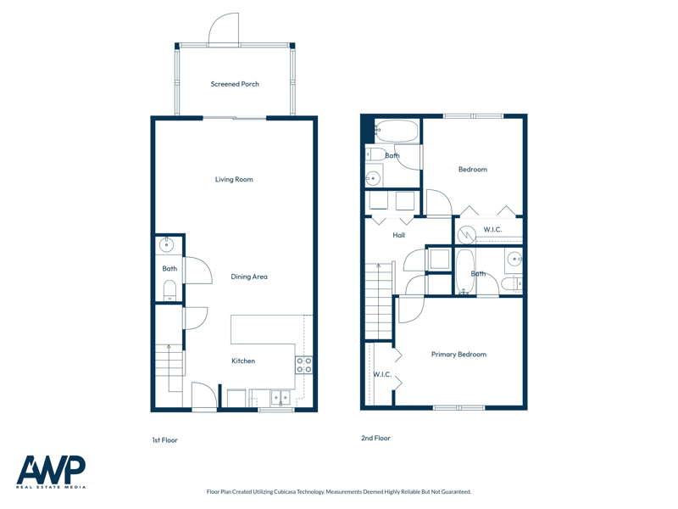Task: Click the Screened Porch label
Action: [235, 84]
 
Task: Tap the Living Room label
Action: [234, 179]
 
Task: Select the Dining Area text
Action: [249, 277]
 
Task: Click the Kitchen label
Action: [243, 361]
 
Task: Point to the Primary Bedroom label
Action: [458, 354]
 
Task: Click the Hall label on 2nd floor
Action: [398, 235]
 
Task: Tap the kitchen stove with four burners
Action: [304, 365]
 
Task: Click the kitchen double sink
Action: [281, 398]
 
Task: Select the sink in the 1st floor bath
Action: [166, 245]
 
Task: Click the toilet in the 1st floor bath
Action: [169, 290]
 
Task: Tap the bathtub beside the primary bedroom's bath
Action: [465, 271]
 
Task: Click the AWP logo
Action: [51, 472]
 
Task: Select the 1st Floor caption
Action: [164, 440]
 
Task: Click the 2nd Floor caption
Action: [375, 438]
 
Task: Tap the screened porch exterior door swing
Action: [224, 29]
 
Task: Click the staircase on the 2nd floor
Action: [379, 301]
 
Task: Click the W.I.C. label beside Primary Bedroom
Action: [382, 374]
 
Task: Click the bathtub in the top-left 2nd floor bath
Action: [397, 131]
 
